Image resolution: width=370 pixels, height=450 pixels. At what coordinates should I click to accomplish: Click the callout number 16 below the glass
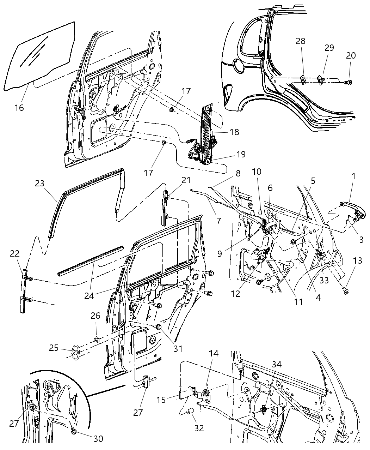click(x=19, y=107)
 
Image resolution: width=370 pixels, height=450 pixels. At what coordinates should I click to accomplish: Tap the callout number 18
click(x=234, y=132)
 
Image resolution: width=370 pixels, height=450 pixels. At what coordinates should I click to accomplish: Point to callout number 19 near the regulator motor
click(x=241, y=155)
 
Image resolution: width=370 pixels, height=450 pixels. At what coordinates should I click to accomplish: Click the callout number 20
click(x=351, y=56)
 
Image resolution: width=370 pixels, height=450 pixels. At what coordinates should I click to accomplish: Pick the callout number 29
click(x=329, y=48)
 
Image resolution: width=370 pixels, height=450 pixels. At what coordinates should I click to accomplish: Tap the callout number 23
click(x=40, y=183)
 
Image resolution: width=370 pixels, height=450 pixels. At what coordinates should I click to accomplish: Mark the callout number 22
click(x=15, y=254)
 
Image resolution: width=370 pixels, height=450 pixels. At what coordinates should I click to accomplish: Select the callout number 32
click(x=199, y=428)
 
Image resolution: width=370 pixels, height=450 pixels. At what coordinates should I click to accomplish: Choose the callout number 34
click(x=277, y=365)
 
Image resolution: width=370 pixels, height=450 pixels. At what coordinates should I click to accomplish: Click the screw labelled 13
click(x=345, y=290)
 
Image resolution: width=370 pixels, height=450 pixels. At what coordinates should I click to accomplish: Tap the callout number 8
click(x=238, y=173)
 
